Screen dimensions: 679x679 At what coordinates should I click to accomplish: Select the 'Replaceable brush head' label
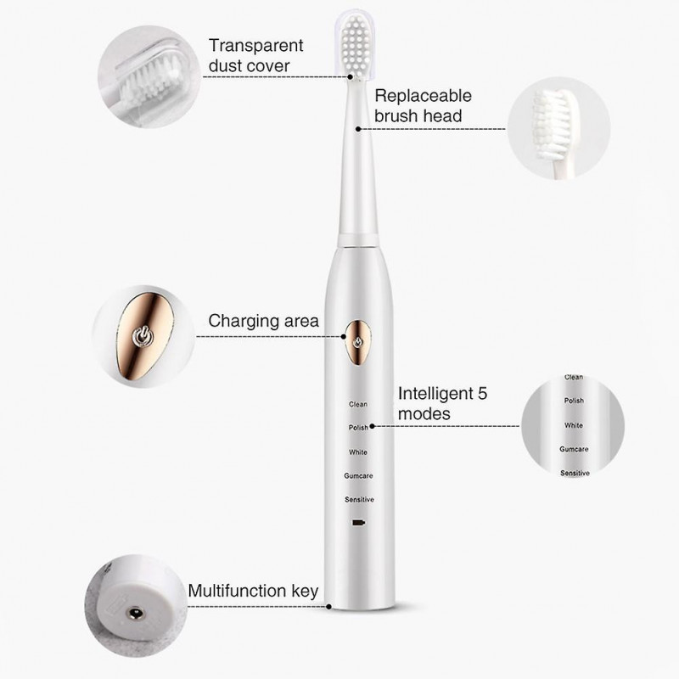tap(423, 106)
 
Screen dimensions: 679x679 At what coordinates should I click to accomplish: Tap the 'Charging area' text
tap(263, 321)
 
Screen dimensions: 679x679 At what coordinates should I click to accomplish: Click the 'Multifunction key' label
tap(253, 591)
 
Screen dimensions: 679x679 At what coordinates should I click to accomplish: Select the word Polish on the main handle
tap(358, 428)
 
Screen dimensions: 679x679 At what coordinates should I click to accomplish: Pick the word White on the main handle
tap(358, 452)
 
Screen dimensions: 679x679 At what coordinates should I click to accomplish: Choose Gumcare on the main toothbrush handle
tap(358, 475)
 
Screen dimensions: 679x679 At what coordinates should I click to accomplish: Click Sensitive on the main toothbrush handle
tap(359, 499)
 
